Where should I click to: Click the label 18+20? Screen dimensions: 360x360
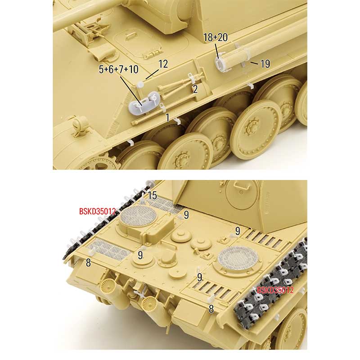[x=216, y=37]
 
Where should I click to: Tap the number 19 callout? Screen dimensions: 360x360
[x=265, y=64]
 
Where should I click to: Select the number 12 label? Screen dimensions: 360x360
[x=163, y=64]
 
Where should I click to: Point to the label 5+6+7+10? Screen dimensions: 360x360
[x=119, y=69]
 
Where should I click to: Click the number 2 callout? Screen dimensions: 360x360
[x=195, y=89]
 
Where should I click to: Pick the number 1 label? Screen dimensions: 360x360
[x=168, y=117]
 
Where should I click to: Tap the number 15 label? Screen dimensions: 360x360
[x=153, y=196]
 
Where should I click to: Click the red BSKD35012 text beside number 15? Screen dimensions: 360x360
[x=97, y=211]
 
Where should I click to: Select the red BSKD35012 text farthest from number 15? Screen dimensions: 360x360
[x=275, y=290]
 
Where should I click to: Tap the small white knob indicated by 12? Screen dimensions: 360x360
[x=140, y=85]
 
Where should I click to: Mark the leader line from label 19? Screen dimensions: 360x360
[x=254, y=63]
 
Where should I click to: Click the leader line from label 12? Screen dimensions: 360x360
[x=152, y=74]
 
